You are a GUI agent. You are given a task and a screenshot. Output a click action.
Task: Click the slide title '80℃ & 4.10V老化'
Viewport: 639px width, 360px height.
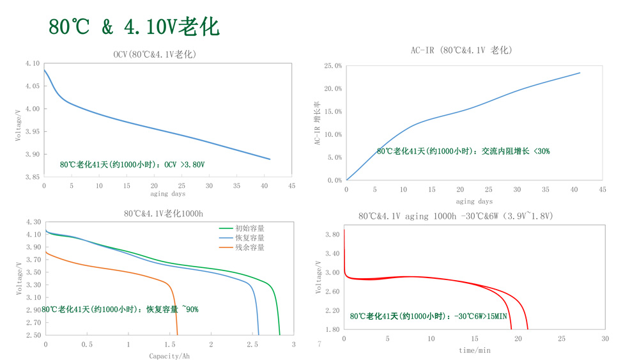point(134,26)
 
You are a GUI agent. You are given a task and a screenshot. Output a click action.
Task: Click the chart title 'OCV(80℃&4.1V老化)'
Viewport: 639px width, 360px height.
point(155,55)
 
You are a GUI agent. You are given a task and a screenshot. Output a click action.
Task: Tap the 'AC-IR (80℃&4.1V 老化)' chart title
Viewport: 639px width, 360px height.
point(461,50)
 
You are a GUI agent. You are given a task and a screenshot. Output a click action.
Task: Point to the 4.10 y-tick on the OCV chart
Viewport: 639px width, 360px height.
point(32,63)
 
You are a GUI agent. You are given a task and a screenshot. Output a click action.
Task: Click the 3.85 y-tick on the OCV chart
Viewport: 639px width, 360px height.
point(32,177)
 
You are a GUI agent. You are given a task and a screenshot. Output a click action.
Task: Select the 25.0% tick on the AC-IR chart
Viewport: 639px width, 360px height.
point(333,66)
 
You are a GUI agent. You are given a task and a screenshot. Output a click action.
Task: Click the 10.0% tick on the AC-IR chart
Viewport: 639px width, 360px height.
point(333,134)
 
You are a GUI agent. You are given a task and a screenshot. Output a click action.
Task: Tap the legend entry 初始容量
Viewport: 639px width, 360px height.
point(249,228)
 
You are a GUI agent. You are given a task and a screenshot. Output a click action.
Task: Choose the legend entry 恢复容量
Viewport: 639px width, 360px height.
point(249,237)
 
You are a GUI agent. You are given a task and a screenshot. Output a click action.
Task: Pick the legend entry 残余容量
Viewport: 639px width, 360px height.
point(249,247)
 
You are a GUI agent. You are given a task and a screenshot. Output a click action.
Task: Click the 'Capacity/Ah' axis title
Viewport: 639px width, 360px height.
point(169,356)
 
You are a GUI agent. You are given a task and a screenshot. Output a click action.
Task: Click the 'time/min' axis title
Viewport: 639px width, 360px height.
point(474,350)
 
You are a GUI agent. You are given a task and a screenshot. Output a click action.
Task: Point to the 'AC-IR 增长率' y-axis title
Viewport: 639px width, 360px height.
point(317,123)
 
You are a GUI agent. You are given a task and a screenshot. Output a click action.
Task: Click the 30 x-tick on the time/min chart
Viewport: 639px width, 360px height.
point(604,338)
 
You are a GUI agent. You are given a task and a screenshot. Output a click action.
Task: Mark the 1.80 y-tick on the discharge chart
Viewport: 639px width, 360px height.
point(332,329)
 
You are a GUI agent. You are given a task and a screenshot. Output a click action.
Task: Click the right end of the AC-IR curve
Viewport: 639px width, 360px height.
point(580,73)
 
